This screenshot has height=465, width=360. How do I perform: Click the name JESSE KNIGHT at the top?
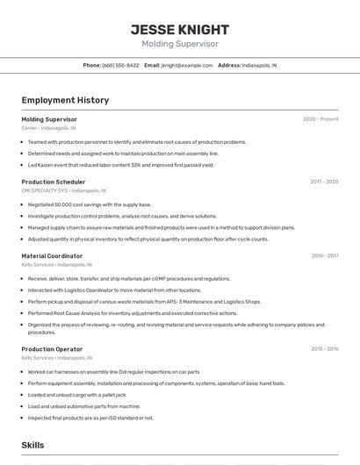179,29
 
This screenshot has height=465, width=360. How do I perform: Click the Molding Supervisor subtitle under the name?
179,44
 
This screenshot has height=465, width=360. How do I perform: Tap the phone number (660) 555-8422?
120,65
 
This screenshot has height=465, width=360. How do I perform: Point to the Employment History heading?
65,100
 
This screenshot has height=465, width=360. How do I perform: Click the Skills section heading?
32,446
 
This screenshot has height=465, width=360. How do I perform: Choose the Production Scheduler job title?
54,182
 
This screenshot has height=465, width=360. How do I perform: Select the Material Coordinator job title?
52,256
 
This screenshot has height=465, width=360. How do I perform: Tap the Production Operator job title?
53,349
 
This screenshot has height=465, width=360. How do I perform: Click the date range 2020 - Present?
320,119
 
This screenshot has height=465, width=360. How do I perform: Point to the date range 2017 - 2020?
324,182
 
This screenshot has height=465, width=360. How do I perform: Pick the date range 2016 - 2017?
324,256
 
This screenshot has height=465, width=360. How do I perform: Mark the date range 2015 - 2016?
324,349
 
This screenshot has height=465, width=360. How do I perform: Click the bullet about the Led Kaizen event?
120,165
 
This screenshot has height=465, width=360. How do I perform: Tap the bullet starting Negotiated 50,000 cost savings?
90,204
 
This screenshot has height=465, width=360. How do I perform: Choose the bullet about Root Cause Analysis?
132,312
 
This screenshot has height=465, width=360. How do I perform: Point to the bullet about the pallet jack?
77,395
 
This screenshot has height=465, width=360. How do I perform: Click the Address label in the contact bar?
229,65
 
